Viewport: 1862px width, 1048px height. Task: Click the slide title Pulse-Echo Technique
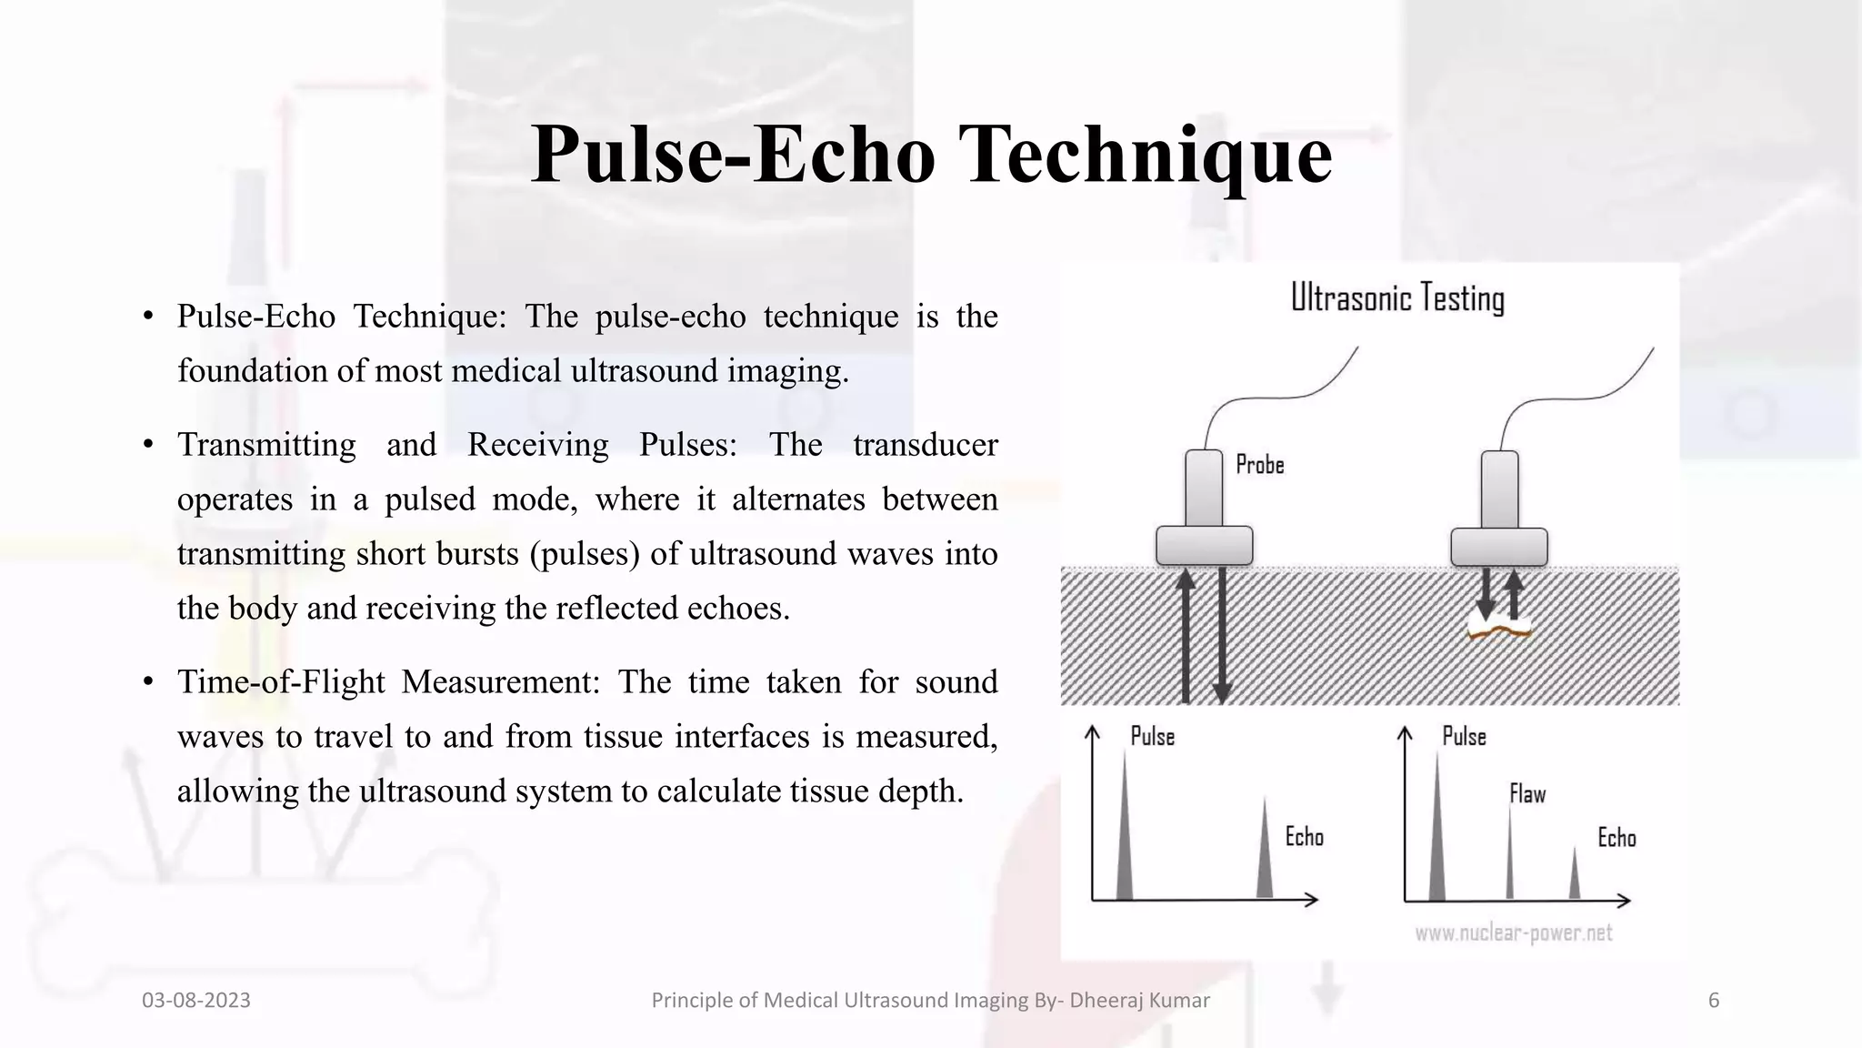(931, 155)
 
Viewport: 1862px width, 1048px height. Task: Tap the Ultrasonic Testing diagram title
(1397, 298)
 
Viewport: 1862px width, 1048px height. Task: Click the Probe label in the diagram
(1260, 465)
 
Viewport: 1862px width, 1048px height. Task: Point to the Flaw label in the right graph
(1527, 794)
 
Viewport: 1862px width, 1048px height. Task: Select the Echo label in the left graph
(1304, 837)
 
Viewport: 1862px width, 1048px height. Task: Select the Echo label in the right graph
(1617, 838)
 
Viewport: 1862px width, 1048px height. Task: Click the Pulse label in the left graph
(1152, 736)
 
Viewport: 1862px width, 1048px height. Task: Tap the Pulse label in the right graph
(1464, 736)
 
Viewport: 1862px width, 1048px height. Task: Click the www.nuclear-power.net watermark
(1513, 933)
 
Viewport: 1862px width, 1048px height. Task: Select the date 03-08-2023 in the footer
(196, 1001)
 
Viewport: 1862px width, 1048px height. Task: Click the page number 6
(1714, 1001)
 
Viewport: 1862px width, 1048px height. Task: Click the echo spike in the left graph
(1265, 855)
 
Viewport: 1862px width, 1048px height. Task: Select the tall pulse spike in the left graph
(1125, 837)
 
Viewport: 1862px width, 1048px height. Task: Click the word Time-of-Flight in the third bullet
(281, 681)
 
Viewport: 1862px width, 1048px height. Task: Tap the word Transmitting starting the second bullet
(266, 445)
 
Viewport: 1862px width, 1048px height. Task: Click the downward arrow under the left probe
(1223, 637)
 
